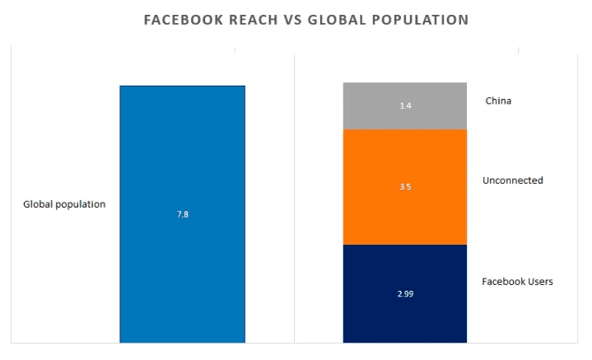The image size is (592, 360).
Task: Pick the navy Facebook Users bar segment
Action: [405, 313]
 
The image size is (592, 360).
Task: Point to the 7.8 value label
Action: [183, 214]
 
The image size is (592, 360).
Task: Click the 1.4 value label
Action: [405, 106]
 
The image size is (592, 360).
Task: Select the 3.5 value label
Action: [405, 187]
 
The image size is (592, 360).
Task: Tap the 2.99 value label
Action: [405, 293]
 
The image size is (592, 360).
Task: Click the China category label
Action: [498, 101]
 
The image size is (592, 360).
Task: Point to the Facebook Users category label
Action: [517, 282]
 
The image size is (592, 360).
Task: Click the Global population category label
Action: [64, 204]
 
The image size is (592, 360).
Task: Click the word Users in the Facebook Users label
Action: [539, 282]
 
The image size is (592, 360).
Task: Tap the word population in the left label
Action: [81, 204]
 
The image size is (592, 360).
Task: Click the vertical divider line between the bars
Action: [294, 198]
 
